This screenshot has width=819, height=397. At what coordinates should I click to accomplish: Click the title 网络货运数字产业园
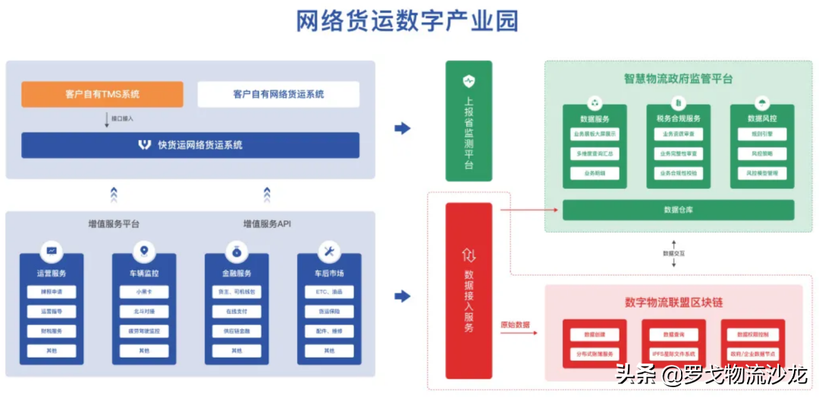[x=407, y=21]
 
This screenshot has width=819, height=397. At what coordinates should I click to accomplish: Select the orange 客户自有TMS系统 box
[x=102, y=95]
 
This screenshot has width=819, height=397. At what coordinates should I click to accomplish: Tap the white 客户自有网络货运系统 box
[x=278, y=95]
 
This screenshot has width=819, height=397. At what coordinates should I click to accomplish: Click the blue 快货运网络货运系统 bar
[x=190, y=145]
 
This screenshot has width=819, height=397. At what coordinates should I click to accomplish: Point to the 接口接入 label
[x=122, y=119]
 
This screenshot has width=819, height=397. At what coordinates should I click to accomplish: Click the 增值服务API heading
[x=267, y=224]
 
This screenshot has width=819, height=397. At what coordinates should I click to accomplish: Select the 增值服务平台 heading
[x=114, y=224]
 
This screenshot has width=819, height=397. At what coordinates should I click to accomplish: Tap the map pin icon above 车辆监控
[x=144, y=252]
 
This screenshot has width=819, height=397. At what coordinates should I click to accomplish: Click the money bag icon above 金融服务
[x=237, y=252]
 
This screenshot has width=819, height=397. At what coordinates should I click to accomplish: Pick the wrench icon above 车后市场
[x=329, y=252]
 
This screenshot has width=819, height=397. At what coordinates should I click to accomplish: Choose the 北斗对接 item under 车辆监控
[x=144, y=311]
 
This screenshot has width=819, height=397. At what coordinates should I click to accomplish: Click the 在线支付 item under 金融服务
[x=237, y=311]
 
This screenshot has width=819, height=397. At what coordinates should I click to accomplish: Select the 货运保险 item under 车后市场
[x=329, y=311]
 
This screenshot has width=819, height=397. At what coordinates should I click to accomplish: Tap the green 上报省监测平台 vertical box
[x=468, y=121]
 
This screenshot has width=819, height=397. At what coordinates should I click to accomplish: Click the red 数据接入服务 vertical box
[x=468, y=291]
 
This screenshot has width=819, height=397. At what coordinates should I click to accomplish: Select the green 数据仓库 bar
[x=678, y=210]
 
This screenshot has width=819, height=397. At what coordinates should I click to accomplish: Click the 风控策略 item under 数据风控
[x=761, y=154]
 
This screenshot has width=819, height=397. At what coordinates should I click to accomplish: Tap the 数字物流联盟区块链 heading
[x=673, y=302]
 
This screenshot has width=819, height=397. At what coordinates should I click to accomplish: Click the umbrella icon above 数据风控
[x=761, y=103]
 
